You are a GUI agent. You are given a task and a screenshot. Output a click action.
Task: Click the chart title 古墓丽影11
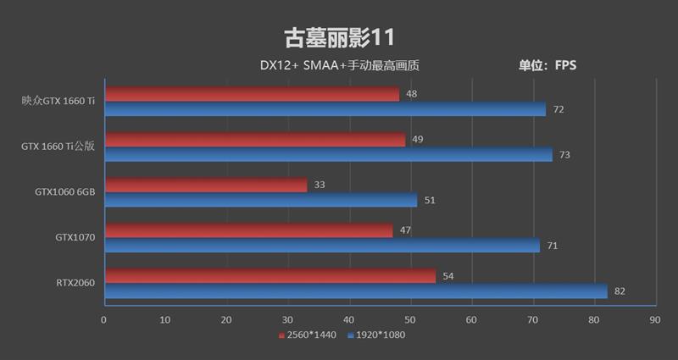tap(338, 37)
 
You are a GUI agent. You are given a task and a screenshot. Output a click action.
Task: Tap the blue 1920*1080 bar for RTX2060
tap(355, 291)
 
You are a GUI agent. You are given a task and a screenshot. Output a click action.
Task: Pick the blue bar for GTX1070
tap(321, 246)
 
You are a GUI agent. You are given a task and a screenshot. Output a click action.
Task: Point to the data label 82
tap(620, 291)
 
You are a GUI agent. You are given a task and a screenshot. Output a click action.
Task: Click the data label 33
tap(320, 185)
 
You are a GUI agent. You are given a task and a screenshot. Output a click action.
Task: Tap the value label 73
tap(564, 155)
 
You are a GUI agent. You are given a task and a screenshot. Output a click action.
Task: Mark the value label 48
tap(411, 94)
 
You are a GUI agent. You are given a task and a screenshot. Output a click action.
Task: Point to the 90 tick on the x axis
tap(654, 320)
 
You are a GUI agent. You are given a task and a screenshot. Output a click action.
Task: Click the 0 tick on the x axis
tap(103, 320)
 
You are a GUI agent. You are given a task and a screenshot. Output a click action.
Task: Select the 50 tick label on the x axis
tap(409, 320)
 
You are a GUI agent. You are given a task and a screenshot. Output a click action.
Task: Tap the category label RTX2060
tap(75, 284)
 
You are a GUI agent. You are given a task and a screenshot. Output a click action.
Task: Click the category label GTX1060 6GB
tap(64, 192)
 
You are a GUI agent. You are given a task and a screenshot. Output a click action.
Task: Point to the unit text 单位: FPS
tap(547, 65)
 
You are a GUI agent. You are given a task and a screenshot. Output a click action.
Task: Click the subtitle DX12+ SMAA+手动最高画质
tap(340, 65)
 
